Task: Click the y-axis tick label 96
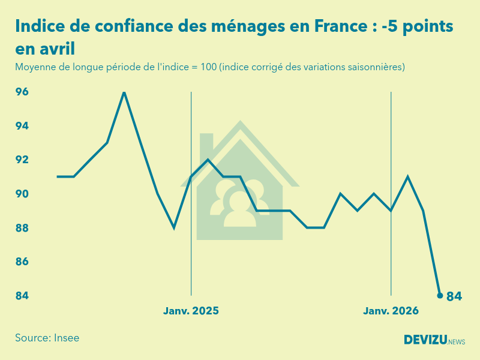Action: point(22,92)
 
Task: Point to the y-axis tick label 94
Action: point(22,126)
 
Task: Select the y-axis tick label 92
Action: point(22,160)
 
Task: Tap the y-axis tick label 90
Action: point(22,194)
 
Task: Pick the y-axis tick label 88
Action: point(22,228)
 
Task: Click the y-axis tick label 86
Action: point(22,262)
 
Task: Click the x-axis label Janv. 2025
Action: point(191,311)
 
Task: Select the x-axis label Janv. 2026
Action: point(391,311)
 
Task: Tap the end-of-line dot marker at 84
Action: point(440,296)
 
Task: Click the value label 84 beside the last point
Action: point(454,296)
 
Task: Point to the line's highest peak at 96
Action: point(124,92)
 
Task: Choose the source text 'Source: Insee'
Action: point(47,338)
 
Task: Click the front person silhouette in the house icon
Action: point(239,209)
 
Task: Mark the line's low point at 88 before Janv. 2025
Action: point(174,228)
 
